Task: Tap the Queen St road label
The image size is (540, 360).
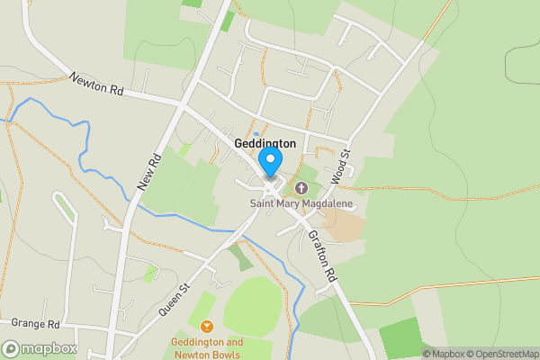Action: tap(175, 298)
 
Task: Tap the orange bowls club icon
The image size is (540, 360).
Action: tap(207, 326)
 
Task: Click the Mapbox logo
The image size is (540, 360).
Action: tap(40, 348)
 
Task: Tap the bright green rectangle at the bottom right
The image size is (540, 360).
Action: tap(400, 337)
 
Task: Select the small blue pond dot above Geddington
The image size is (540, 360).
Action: tap(256, 110)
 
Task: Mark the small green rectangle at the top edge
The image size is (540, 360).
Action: tap(192, 4)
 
